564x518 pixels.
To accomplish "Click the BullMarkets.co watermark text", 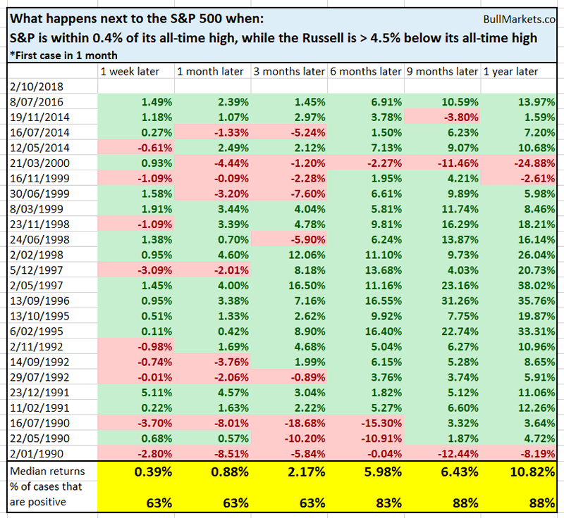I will (521, 23).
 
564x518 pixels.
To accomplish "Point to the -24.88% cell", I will (533, 163).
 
